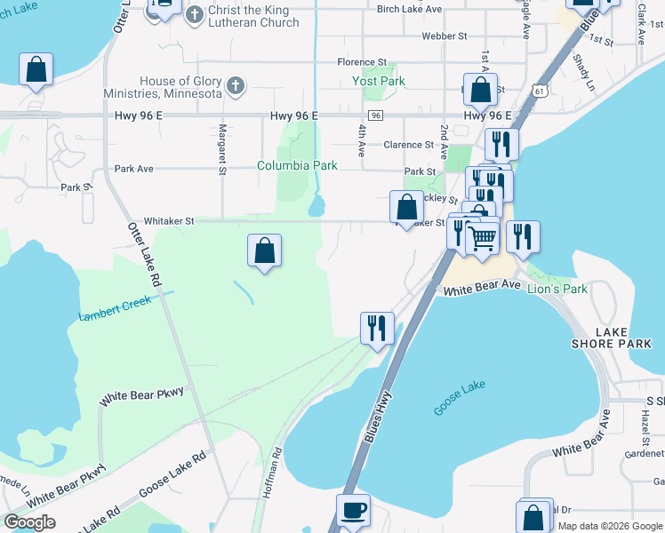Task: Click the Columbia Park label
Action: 297,165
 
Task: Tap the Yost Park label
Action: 379,81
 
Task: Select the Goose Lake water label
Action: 460,397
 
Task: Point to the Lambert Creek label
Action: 116,308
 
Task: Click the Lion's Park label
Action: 557,289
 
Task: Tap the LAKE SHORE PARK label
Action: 623,338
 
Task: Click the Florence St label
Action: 361,62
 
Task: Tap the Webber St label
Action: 445,36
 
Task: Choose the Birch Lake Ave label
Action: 409,9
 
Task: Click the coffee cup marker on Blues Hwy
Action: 353,511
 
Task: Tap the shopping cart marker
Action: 482,237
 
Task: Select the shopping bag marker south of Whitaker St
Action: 265,251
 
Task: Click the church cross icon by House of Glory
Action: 235,86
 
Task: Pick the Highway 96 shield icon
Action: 376,116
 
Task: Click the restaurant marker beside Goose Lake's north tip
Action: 377,328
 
